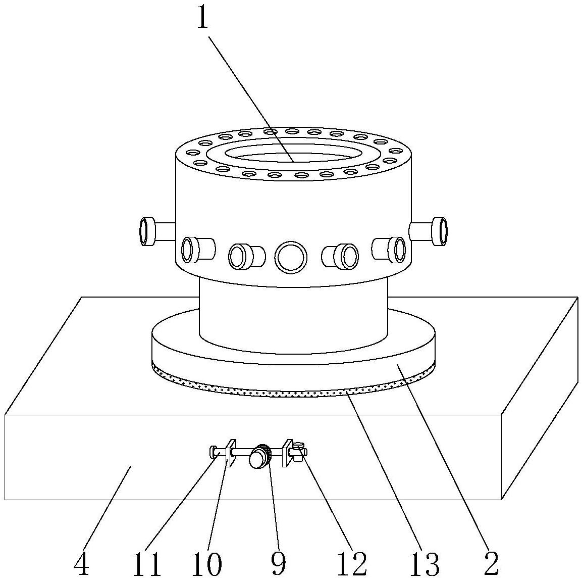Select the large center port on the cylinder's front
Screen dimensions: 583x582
point(291,256)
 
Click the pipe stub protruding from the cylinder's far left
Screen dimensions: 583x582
point(156,231)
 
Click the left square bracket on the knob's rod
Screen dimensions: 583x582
point(231,453)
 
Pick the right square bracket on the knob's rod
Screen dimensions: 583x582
point(287,453)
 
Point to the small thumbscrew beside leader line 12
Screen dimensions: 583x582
point(298,451)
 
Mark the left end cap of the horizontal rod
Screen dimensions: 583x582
point(213,453)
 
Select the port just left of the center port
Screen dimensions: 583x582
point(246,256)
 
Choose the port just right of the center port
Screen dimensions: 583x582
point(340,256)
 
